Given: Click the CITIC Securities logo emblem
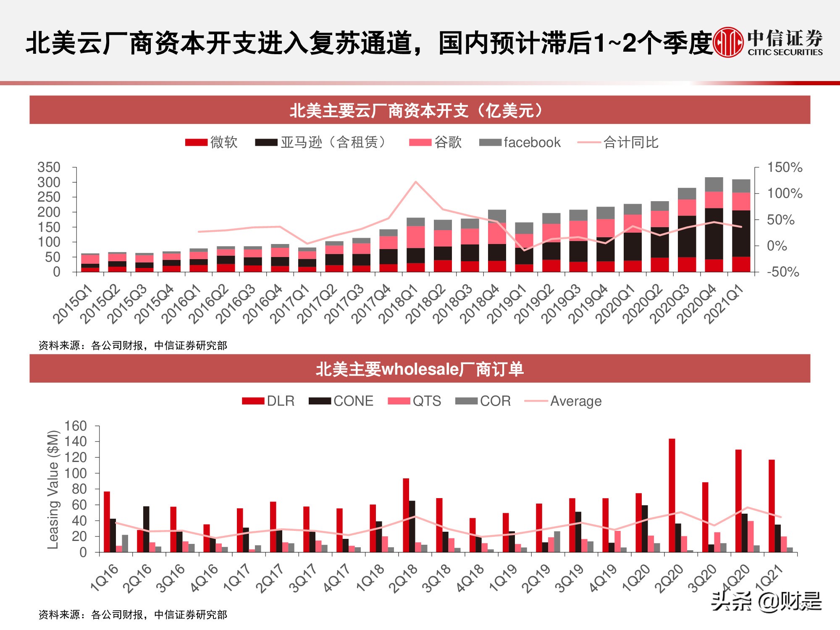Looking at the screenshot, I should point(728,42).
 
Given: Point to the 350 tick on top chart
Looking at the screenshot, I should point(49,167).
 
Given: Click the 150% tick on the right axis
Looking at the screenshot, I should point(785,167).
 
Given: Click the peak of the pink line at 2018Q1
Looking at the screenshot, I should point(415,182).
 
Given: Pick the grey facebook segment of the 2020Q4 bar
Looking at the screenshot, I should point(714,184).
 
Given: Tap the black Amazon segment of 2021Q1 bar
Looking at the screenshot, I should point(741,233).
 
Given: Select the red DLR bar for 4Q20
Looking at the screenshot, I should point(738,500).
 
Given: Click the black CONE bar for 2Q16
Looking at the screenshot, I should point(146,529).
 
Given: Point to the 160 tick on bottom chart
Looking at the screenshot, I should point(75,426).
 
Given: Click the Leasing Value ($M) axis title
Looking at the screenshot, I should point(53,489).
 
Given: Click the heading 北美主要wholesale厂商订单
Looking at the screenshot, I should point(420,369).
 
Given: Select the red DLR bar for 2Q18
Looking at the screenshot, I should point(406,515).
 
